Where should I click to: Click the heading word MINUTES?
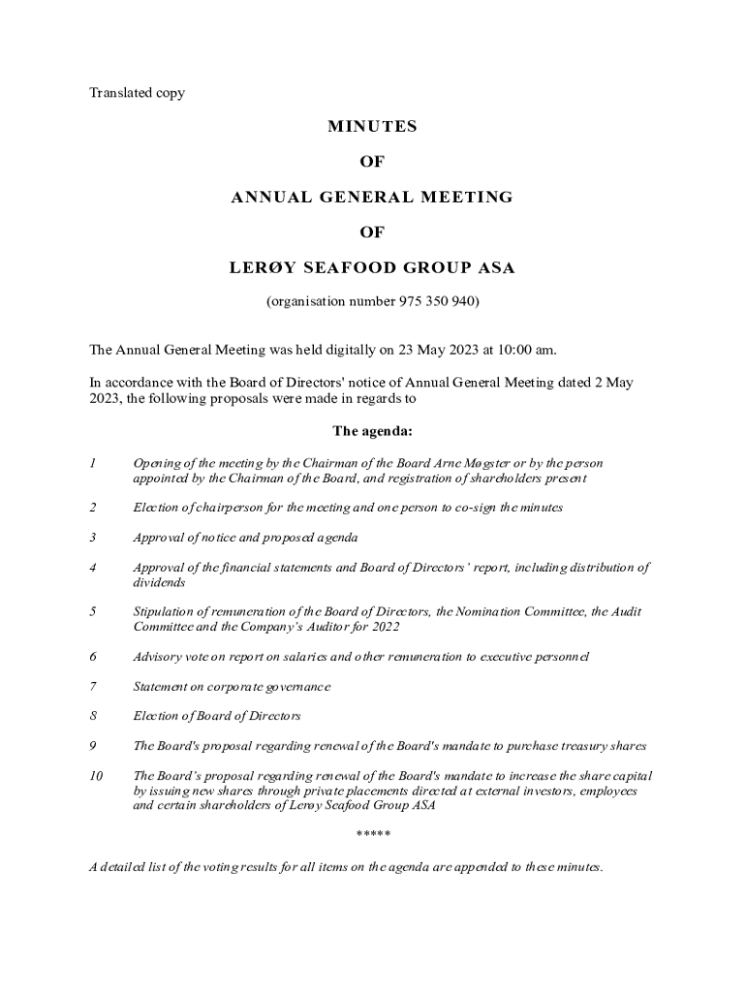pyautogui.click(x=372, y=127)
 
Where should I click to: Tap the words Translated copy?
pyautogui.click(x=137, y=93)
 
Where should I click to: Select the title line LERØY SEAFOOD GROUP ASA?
pyautogui.click(x=372, y=267)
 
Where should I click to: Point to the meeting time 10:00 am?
pyautogui.click(x=524, y=349)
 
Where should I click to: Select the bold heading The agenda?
pyautogui.click(x=373, y=431)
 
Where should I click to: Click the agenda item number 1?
pyautogui.click(x=92, y=464)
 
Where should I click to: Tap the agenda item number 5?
pyautogui.click(x=92, y=612)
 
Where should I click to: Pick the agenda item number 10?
pyautogui.click(x=95, y=776)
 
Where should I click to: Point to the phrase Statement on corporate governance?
pyautogui.click(x=232, y=687)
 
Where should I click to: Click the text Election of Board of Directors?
pyautogui.click(x=217, y=717)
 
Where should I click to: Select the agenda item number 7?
pyautogui.click(x=92, y=687)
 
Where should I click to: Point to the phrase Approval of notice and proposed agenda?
pyautogui.click(x=245, y=538)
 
